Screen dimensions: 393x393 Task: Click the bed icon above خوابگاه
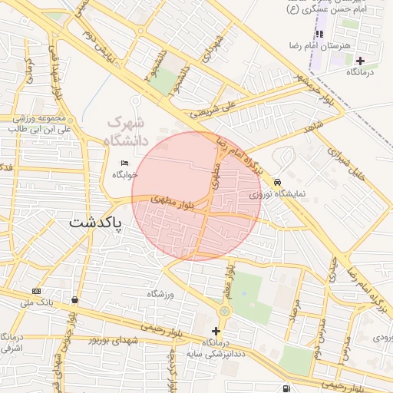point(125,163)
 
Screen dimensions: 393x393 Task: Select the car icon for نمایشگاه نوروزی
point(276,182)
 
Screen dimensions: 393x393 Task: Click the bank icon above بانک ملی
point(36,291)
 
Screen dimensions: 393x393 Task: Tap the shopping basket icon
point(74,300)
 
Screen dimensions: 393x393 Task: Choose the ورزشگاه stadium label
point(160,294)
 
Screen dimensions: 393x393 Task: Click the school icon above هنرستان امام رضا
point(320,34)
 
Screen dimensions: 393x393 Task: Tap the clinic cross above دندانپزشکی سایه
point(216,332)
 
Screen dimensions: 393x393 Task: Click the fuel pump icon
point(286,389)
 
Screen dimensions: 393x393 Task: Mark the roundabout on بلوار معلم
point(224,311)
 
